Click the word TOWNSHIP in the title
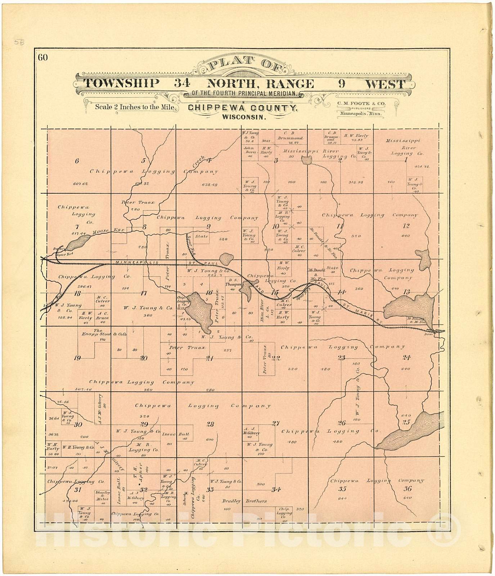(x=121, y=84)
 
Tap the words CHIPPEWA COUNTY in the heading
(x=242, y=108)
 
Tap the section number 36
(x=408, y=489)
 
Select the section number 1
(x=406, y=161)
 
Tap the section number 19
(x=77, y=358)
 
